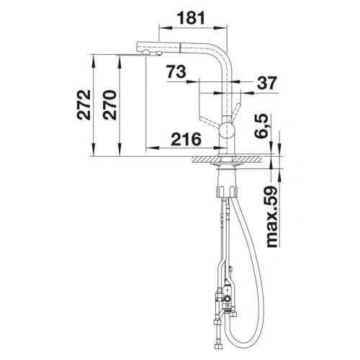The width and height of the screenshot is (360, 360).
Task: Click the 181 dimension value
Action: coord(191,18)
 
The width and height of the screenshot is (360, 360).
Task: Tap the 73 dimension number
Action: coord(176,71)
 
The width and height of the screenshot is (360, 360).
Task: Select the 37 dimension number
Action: coord(267,83)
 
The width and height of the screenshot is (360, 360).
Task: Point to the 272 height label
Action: coord(84,105)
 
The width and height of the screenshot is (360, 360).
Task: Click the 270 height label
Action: coord(109,105)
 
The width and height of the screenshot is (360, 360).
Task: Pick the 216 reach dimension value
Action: coord(186,139)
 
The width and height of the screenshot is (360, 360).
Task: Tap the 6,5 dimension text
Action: coord(261,126)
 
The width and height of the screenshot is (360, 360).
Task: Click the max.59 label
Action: coord(271,216)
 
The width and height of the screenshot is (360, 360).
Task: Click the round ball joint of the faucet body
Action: coord(226,130)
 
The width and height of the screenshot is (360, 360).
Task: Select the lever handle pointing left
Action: coord(210,121)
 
